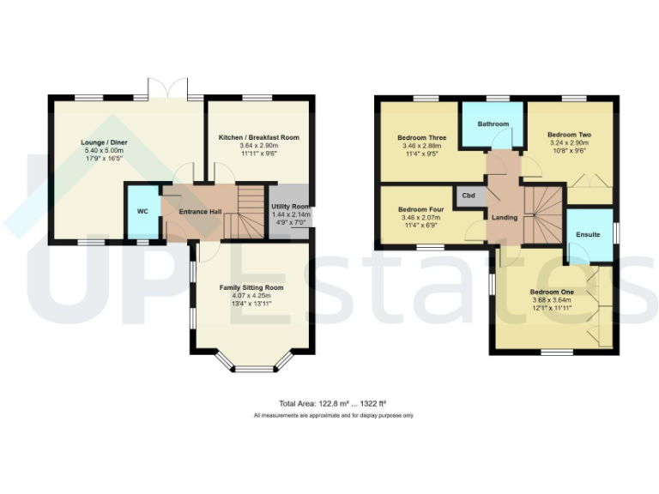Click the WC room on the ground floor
pos(142,210)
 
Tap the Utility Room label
pos(290,207)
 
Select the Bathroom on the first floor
pos(493,124)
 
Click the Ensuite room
pos(589,234)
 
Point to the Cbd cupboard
pos(469,196)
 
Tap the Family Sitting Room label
pos(251,287)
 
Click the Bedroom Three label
pos(421,138)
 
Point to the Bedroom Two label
pos(570,136)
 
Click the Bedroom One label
pos(552,292)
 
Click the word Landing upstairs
pos(505,218)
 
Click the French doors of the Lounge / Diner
pos(168,89)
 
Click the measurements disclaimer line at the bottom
pos(333,416)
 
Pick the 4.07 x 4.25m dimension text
pos(251,297)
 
